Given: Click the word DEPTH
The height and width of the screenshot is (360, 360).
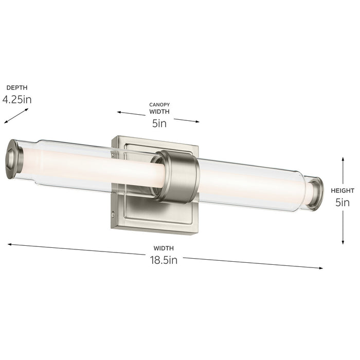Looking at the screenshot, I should tap(17, 88).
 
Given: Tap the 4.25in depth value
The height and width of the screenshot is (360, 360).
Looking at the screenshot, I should tap(17, 99).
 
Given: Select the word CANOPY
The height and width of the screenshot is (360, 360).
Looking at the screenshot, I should tap(159, 104).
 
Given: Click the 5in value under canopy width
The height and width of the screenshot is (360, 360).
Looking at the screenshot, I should tap(159, 123).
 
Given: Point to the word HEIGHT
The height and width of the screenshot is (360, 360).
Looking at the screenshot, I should tap(342, 190).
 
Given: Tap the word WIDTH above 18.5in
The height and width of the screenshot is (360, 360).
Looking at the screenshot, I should tap(164, 248).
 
